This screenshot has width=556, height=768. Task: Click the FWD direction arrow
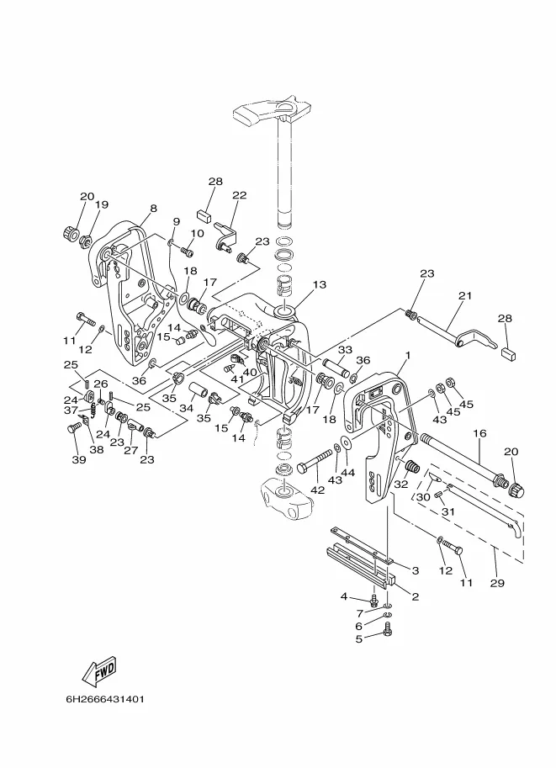coord(98,670)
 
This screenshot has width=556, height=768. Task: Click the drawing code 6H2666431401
coord(104,699)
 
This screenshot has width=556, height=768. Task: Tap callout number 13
coord(319,285)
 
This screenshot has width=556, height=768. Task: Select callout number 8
coord(154,209)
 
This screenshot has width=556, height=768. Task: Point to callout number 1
coord(407,356)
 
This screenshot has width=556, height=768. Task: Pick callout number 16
coord(479,433)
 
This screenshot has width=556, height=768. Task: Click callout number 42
coord(316,490)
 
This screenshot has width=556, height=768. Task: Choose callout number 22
coord(240,196)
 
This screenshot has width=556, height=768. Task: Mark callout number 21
coord(466,295)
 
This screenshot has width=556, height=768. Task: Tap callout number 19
coord(102,205)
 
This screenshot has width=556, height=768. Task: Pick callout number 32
coord(400,485)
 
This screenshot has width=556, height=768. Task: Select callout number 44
coord(347,474)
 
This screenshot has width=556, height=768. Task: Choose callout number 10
coord(197,234)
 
